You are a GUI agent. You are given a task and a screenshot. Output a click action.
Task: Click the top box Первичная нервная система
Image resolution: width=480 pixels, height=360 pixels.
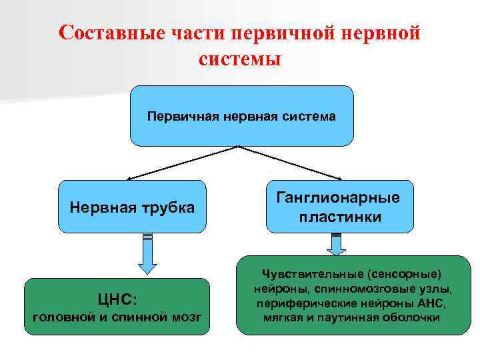point(241,116)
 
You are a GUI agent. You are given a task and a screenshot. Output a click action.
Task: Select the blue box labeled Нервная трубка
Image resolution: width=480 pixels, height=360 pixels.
point(132,207)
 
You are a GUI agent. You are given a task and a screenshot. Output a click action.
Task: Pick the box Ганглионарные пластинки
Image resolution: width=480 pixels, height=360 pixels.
point(340,207)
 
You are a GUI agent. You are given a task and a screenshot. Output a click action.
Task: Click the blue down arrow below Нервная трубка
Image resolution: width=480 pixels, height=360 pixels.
point(147,255)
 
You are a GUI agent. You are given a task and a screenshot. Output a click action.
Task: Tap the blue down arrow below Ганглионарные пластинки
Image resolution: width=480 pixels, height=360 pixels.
point(337,244)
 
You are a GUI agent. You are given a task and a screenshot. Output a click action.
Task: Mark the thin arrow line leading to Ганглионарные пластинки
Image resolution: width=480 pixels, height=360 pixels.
point(290,161)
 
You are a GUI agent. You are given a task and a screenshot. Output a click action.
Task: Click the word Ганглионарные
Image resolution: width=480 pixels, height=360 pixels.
point(340,198)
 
